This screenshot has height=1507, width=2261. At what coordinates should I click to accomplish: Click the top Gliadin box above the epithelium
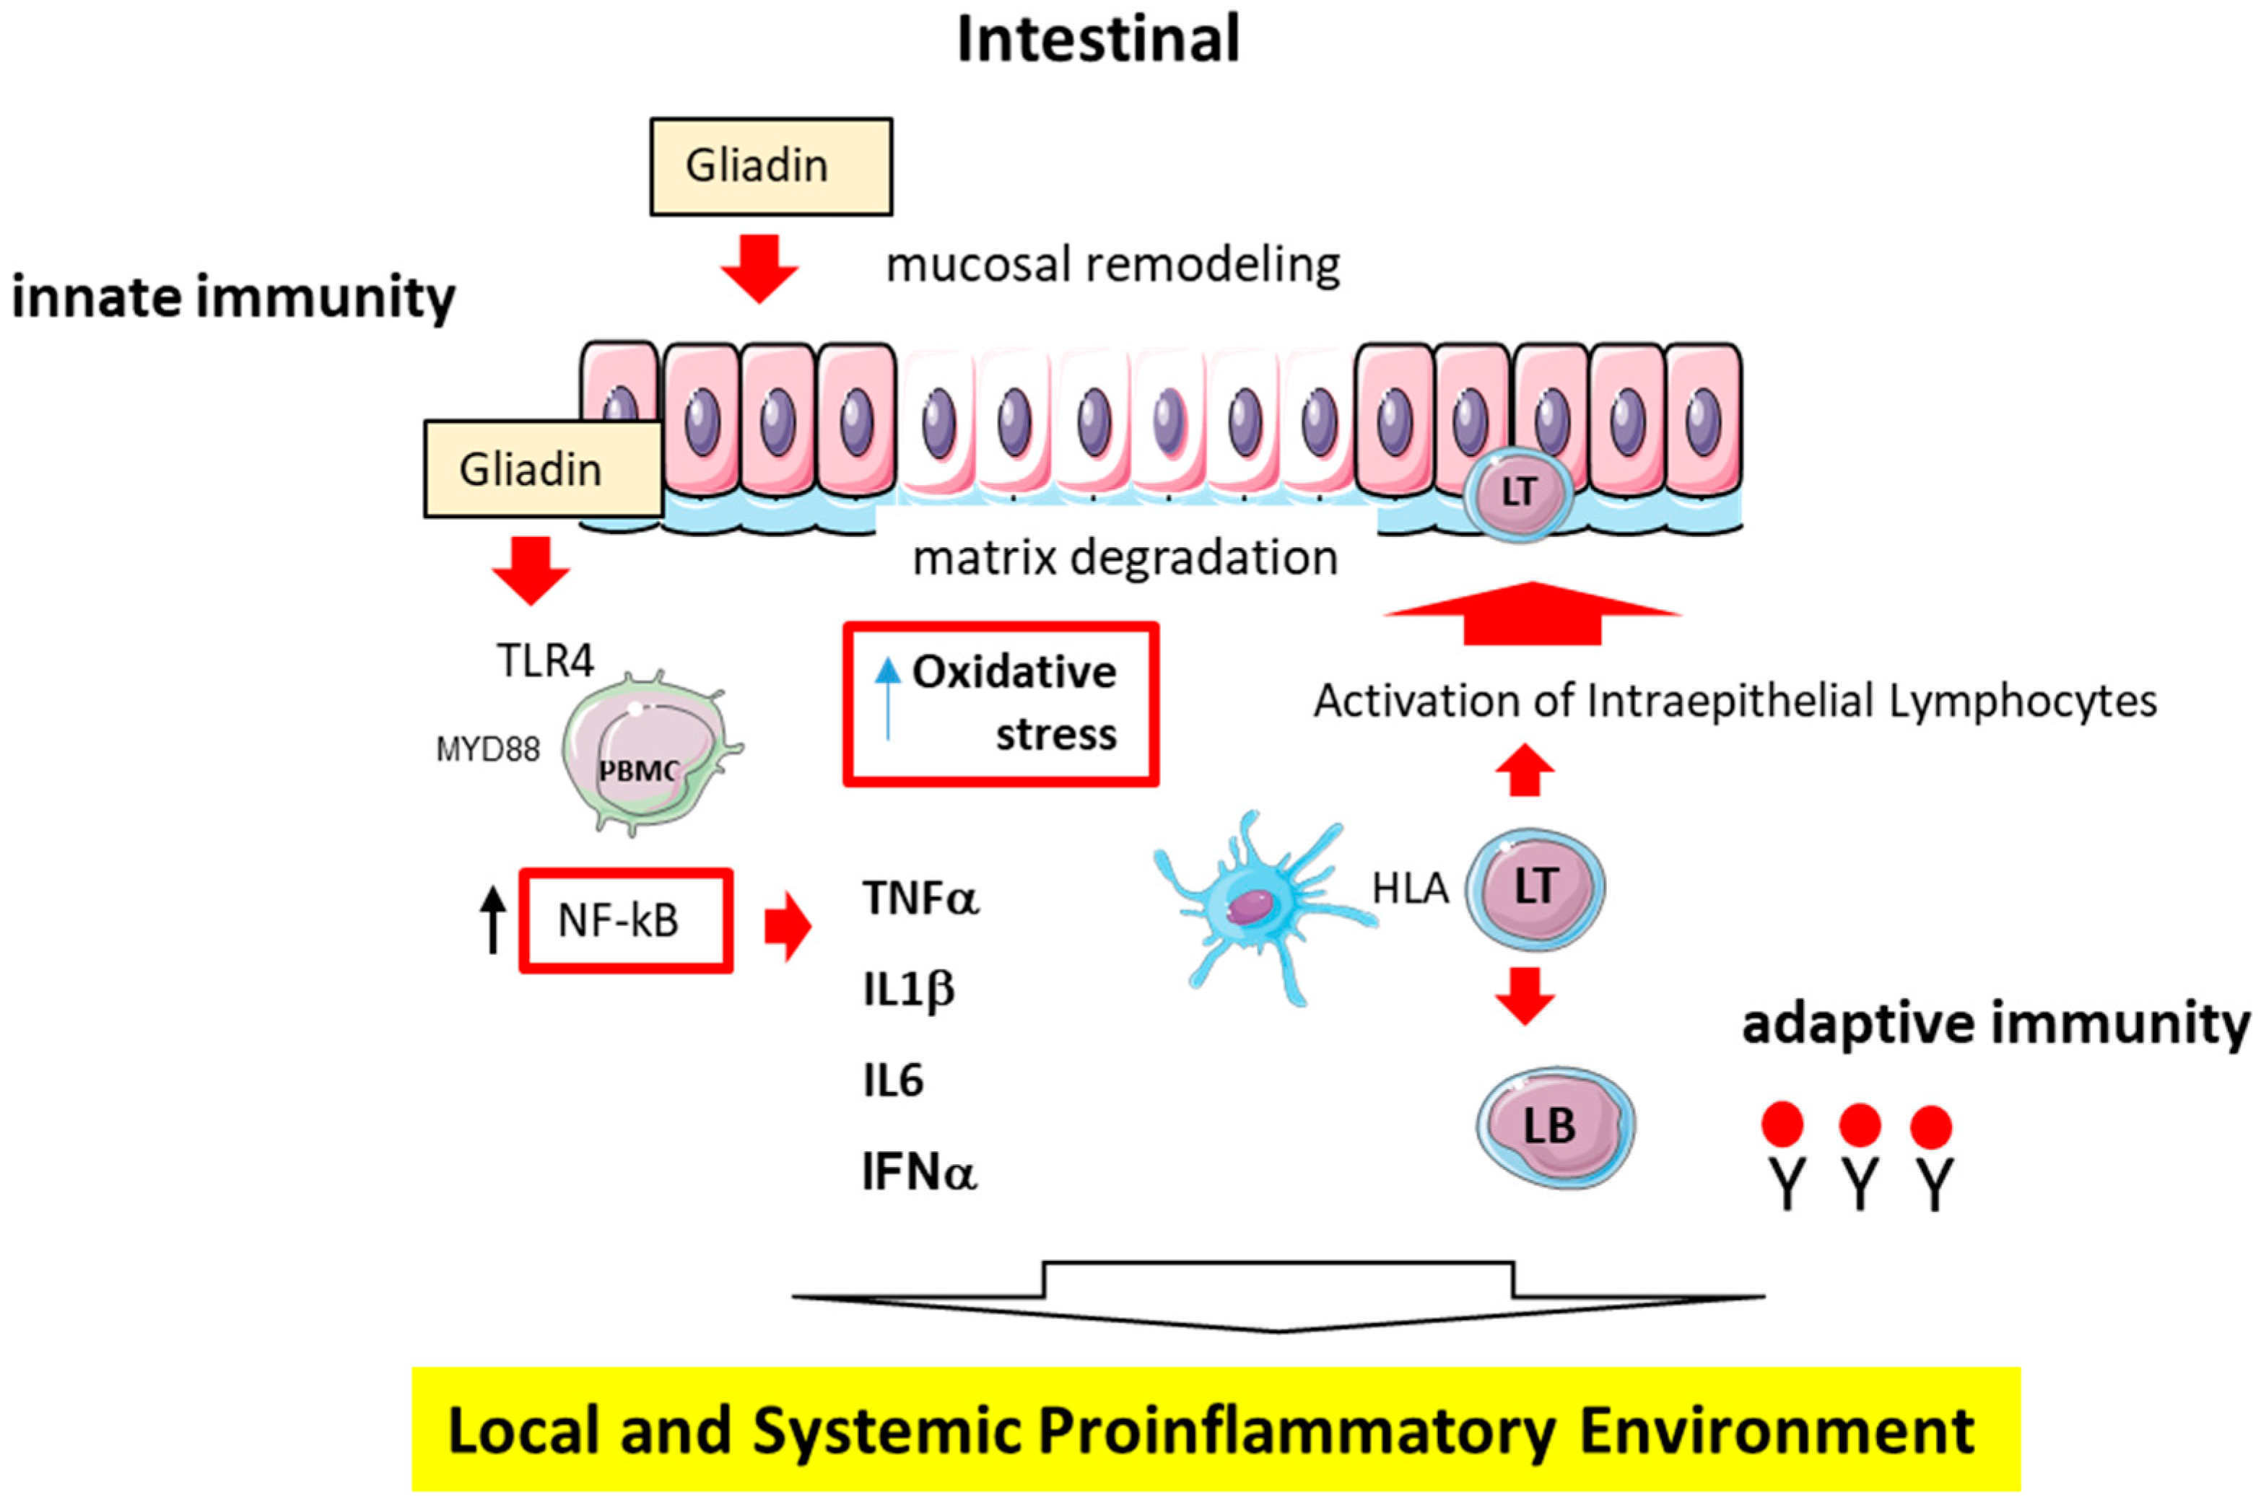tap(770, 166)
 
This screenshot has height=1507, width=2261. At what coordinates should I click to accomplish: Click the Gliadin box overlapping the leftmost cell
tap(543, 469)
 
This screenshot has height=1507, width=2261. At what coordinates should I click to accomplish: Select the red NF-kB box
tap(626, 921)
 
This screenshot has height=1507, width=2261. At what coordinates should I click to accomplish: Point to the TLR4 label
tap(545, 661)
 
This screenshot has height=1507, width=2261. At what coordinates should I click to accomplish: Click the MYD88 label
tap(487, 748)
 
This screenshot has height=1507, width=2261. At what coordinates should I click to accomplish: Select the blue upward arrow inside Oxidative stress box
tap(887, 696)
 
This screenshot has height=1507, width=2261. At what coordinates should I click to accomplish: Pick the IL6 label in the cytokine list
tap(893, 1081)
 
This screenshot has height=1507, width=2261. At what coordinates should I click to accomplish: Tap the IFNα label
tap(919, 1173)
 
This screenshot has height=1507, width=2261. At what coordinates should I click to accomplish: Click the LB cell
tap(1554, 1127)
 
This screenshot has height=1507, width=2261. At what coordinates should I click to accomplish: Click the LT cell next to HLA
tap(1535, 887)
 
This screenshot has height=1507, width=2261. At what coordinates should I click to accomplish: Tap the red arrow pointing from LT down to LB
tap(1525, 996)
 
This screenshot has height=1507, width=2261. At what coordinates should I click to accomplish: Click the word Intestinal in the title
tap(1098, 40)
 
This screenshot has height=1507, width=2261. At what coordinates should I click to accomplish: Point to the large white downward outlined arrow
tap(1278, 1298)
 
